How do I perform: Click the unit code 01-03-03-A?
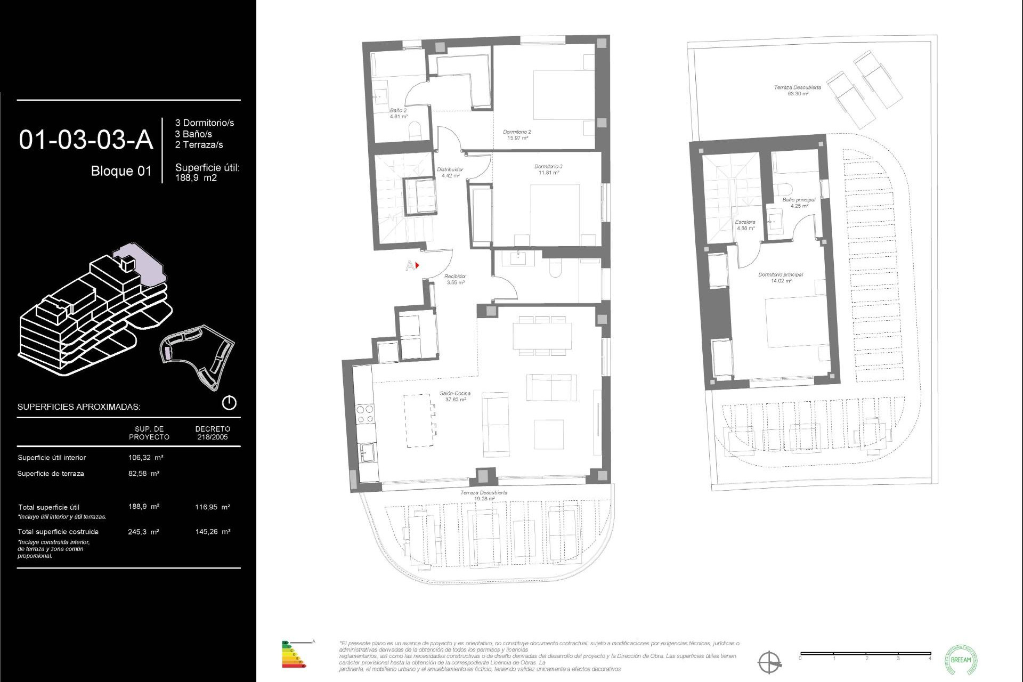(x=86, y=140)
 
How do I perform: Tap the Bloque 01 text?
(x=121, y=171)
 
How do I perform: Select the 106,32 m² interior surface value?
(x=145, y=457)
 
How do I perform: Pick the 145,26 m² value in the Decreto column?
(x=213, y=531)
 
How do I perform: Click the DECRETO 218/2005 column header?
(x=213, y=433)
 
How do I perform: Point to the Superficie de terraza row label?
(x=51, y=473)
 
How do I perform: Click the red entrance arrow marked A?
(x=417, y=265)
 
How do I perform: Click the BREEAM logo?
(x=961, y=659)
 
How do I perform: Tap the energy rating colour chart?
(x=293, y=655)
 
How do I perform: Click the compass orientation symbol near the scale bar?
(x=769, y=662)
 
